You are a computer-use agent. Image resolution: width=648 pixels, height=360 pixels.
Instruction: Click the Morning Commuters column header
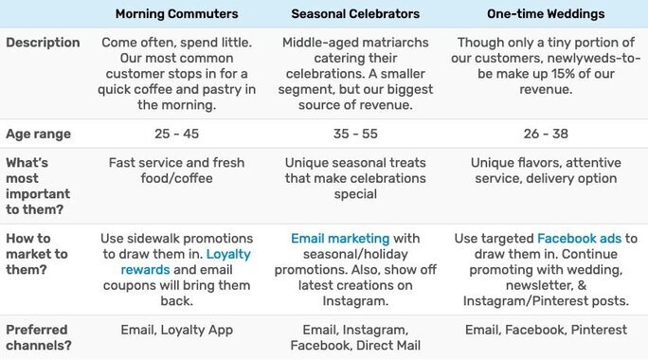(176, 14)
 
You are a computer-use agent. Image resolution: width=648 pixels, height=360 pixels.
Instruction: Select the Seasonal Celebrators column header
(354, 14)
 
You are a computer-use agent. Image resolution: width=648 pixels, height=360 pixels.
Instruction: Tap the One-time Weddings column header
(545, 14)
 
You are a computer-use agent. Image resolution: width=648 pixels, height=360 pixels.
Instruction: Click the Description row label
(43, 43)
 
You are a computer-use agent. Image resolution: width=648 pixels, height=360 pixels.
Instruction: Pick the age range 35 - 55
(354, 134)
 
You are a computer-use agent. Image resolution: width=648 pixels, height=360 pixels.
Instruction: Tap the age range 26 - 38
(546, 134)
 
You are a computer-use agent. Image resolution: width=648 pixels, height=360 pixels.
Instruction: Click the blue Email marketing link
(340, 239)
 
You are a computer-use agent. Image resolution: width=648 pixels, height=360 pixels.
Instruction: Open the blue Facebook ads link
(579, 239)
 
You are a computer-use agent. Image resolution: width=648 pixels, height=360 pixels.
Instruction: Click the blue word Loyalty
(228, 255)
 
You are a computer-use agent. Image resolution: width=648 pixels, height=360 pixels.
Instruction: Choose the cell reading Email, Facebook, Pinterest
(546, 330)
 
